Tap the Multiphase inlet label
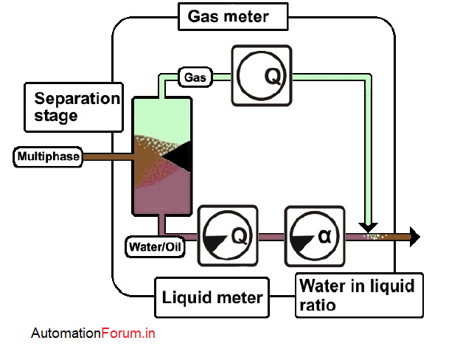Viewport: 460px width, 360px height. pos(48,156)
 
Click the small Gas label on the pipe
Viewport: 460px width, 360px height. pos(195,76)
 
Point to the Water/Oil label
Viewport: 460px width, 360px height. pos(155,247)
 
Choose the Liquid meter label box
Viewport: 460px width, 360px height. pos(212,297)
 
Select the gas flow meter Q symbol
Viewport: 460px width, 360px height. pos(262,76)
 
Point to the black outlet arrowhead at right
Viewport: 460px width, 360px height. pos(415,237)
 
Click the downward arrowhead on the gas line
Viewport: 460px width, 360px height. pos(369,226)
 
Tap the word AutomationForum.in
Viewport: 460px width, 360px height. pos(93,333)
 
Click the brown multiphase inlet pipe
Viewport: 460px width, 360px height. pos(106,156)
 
